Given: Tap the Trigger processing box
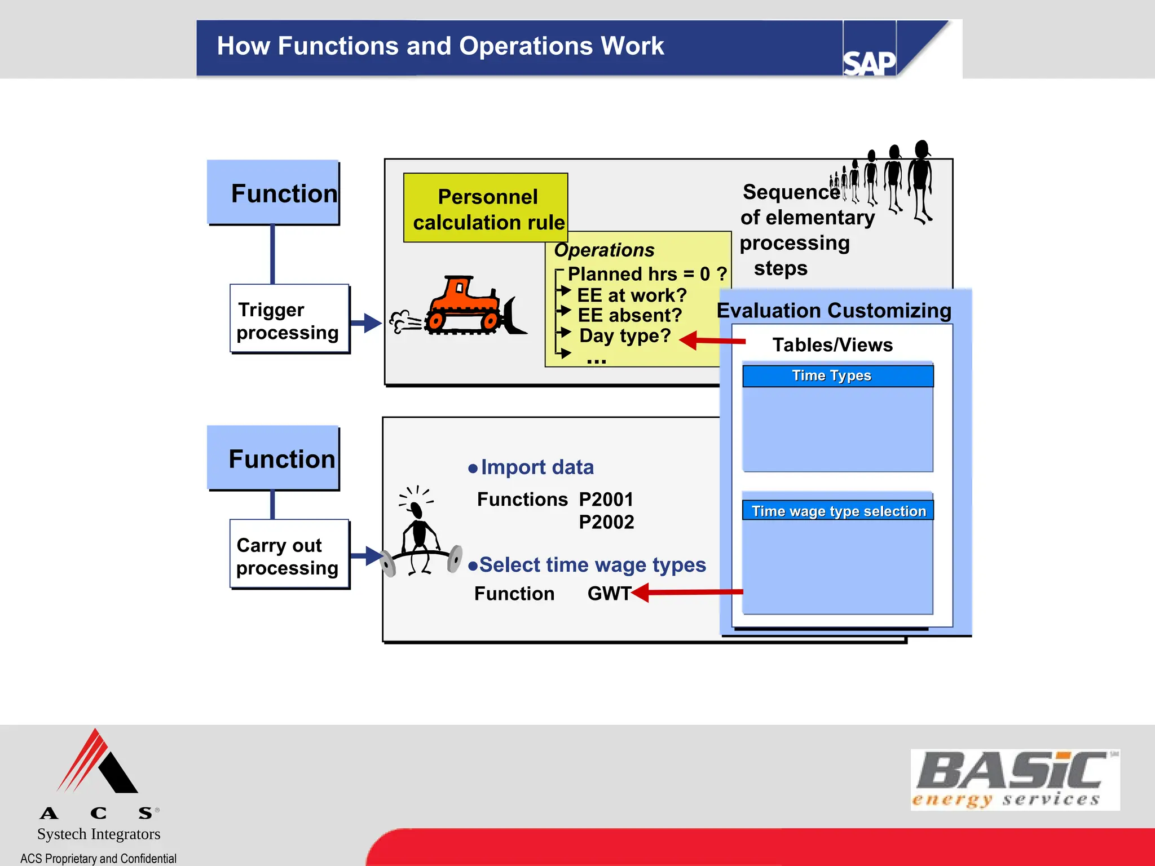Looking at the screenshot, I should tap(289, 320).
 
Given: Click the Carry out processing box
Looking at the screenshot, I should tap(289, 555).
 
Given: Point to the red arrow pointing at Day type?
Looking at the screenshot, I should tap(712, 340).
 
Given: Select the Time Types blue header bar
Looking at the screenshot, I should tap(837, 376).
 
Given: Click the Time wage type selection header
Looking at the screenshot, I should tap(837, 511).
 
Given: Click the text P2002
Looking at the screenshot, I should tap(606, 522).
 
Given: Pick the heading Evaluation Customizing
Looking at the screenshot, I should tap(834, 311).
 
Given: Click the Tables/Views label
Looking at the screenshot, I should tap(832, 344).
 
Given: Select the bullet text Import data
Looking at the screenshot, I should tap(536, 467).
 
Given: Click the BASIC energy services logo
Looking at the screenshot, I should tap(1014, 780).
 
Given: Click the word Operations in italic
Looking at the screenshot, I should tap(604, 250).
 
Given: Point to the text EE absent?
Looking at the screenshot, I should tap(629, 315).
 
